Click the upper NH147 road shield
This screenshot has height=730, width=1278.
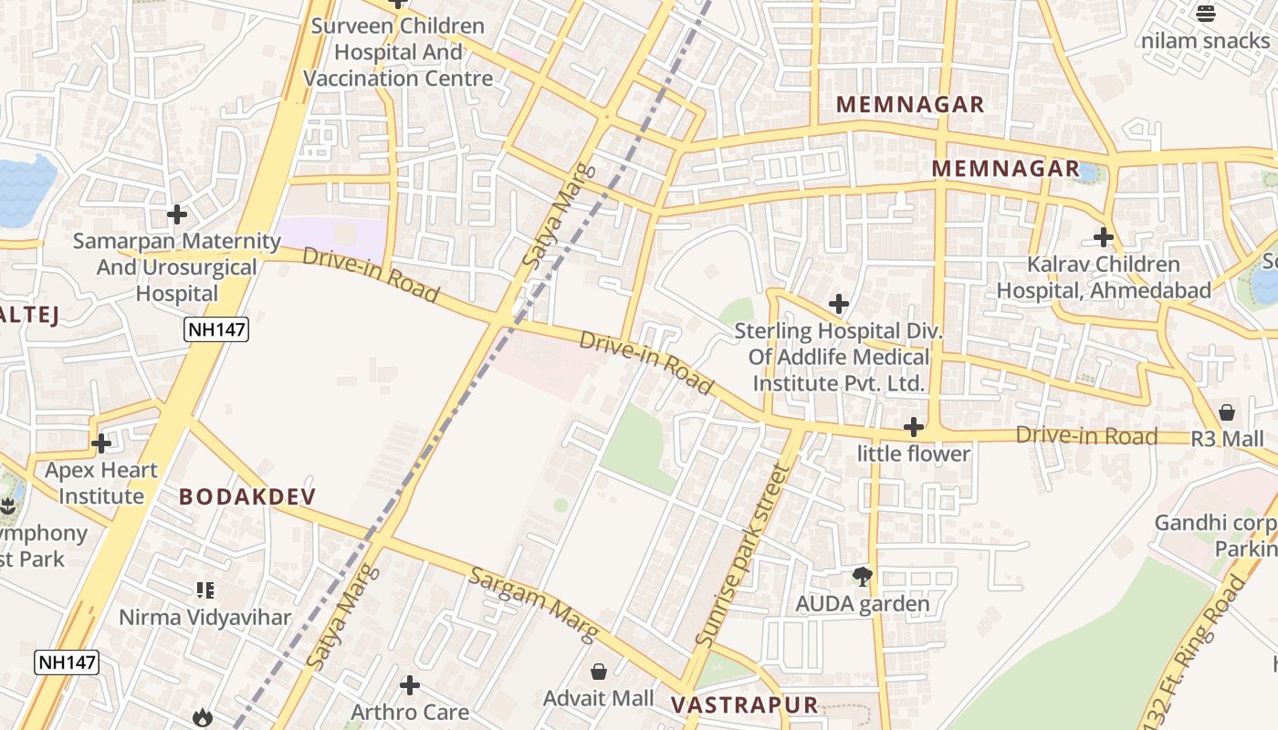click(x=216, y=328)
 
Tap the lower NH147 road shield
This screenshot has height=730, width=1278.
click(x=67, y=662)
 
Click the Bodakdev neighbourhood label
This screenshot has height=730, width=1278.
click(x=247, y=496)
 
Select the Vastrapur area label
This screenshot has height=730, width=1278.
click(x=745, y=704)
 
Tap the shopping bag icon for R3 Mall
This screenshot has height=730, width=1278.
click(x=1227, y=412)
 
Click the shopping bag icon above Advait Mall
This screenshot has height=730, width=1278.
click(x=599, y=673)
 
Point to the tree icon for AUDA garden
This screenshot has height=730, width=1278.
click(x=862, y=576)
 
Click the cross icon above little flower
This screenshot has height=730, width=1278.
click(x=913, y=427)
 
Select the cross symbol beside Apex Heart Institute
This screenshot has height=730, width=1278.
click(x=101, y=443)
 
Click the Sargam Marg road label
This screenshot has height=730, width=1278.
click(x=534, y=603)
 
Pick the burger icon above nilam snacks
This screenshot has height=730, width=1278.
click(x=1206, y=14)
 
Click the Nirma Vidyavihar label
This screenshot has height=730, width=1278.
click(x=205, y=617)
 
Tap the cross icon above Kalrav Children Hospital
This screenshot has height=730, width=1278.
click(x=1104, y=237)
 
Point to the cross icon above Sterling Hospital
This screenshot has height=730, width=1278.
click(x=839, y=304)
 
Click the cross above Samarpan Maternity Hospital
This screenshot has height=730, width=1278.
click(x=177, y=214)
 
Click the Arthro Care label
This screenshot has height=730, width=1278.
click(x=410, y=711)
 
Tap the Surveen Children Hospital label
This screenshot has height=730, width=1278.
click(x=398, y=52)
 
